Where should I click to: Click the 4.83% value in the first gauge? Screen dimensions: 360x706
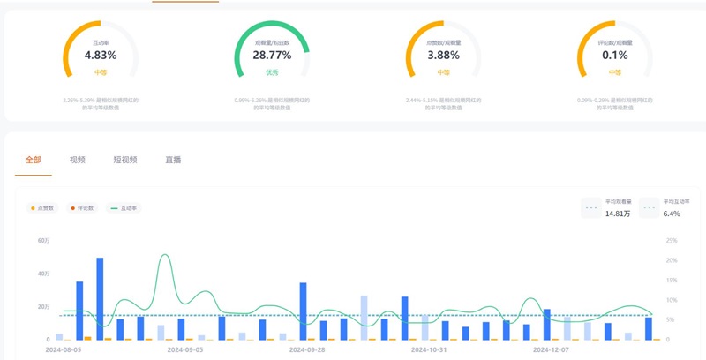click(101, 55)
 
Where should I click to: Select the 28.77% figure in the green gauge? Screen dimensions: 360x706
click(272, 55)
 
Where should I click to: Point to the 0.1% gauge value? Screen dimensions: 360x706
click(614, 55)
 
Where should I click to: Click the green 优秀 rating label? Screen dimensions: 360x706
click(272, 71)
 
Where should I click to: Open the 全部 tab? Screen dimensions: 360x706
click(34, 160)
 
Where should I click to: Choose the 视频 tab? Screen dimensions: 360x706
click(78, 160)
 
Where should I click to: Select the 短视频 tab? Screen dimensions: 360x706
click(125, 160)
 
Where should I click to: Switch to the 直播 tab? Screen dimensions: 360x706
click(173, 160)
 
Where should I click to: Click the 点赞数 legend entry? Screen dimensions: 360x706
click(42, 208)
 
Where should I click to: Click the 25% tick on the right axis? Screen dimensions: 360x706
click(672, 240)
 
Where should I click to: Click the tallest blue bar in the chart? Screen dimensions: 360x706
click(100, 298)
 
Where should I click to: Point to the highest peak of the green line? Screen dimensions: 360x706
click(165, 255)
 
